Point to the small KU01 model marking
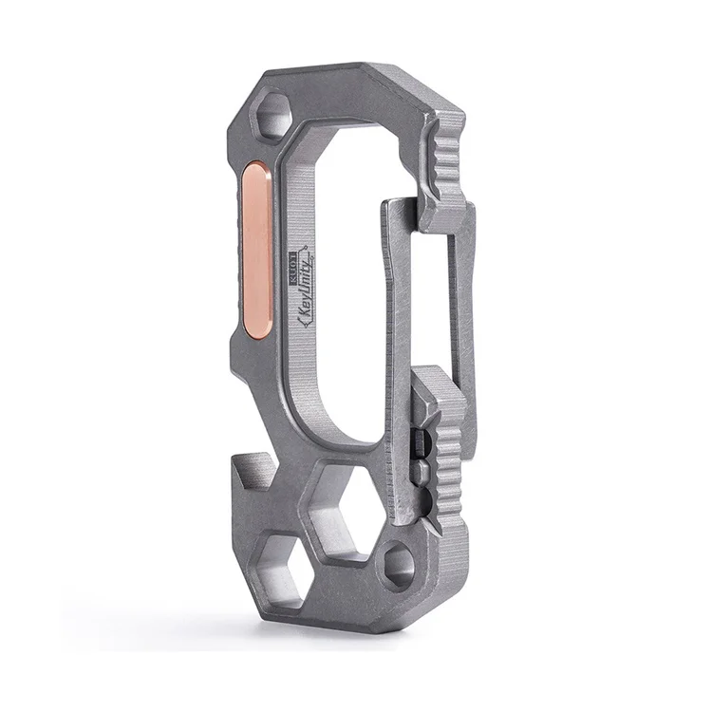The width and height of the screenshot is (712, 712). coord(291,257)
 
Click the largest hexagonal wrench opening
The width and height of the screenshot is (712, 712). coord(349,504)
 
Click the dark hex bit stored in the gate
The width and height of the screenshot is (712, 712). coord(420,439)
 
